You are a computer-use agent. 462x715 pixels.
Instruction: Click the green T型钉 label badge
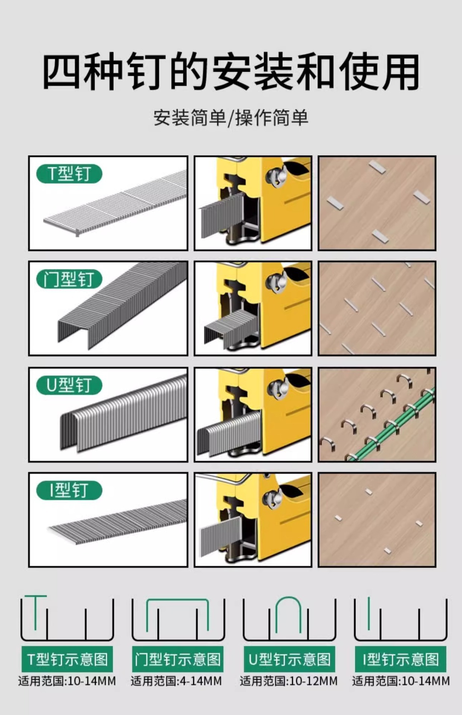[69, 174]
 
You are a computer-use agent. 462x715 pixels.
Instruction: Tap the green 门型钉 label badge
[69, 279]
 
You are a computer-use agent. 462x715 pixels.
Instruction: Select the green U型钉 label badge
[69, 385]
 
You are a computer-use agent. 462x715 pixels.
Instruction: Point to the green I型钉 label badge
[69, 490]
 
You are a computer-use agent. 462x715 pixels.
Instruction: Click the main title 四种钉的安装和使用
[231, 72]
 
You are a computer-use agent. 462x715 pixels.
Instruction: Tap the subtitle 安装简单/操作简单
[231, 118]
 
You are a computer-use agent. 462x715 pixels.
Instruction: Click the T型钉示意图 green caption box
[67, 660]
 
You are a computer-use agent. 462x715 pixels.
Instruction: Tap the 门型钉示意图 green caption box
[178, 660]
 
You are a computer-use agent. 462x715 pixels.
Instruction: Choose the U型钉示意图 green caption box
[289, 660]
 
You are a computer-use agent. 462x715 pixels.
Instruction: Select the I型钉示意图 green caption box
[401, 660]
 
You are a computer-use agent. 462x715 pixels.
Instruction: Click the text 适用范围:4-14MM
[176, 681]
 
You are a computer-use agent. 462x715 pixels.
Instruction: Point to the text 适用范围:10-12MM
[289, 681]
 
